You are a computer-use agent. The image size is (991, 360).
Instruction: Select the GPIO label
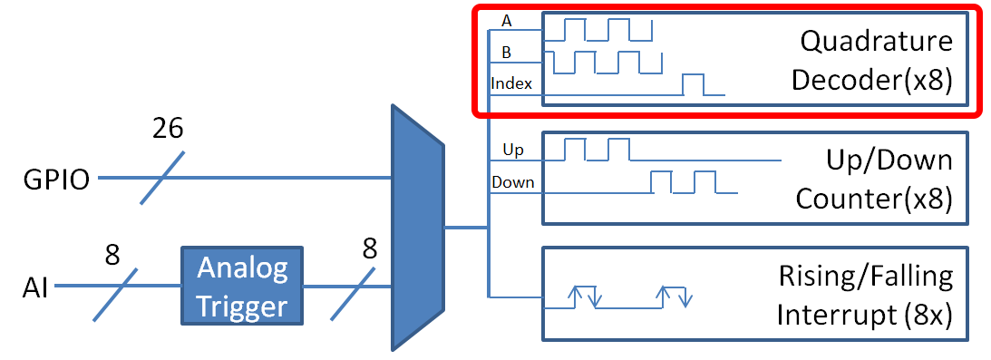56,180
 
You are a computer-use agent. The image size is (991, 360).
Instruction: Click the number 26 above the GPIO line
167,129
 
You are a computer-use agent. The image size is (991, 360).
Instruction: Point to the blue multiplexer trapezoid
417,228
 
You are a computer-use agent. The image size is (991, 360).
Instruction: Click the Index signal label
511,83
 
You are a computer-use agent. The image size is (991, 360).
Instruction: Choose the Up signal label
513,148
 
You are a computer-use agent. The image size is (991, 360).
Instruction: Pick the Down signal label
513,182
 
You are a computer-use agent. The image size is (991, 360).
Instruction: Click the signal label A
505,20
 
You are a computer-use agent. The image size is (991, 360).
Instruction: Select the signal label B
506,53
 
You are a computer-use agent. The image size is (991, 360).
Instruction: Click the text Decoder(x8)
872,80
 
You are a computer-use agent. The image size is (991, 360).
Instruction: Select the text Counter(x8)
874,199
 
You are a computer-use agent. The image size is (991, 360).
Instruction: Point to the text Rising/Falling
866,275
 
